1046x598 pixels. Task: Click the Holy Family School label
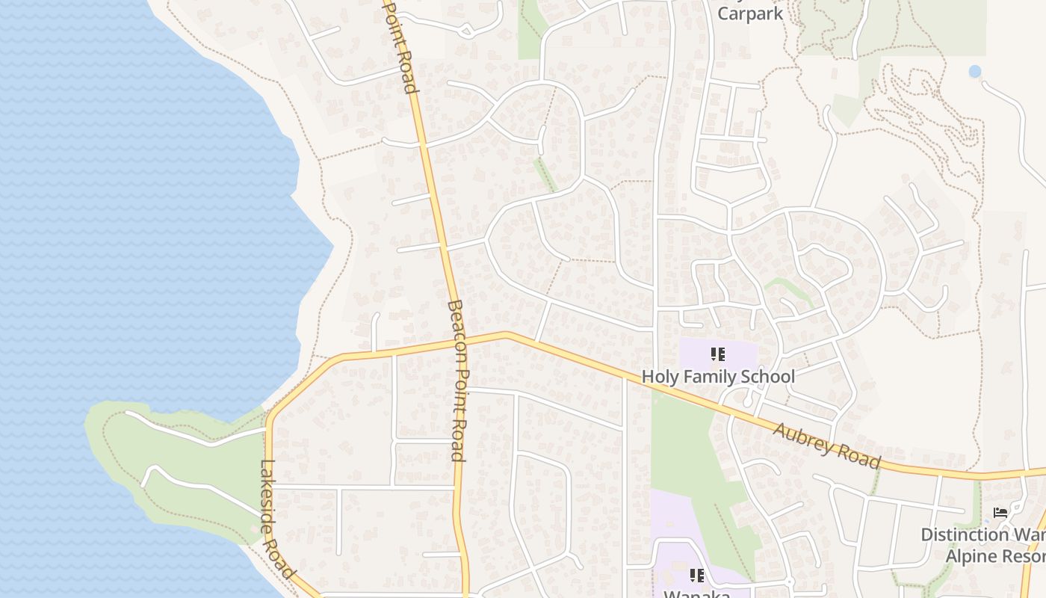(718, 376)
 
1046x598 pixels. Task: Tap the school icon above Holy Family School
(718, 354)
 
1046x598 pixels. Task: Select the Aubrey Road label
(826, 446)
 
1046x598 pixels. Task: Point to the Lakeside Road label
(275, 517)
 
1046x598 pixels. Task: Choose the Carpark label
(750, 13)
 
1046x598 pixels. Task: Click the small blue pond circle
(974, 72)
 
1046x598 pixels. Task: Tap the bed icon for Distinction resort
(1000, 514)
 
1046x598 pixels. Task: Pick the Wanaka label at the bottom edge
(696, 594)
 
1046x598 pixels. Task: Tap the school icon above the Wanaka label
(696, 575)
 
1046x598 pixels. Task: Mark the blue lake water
(112, 224)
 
